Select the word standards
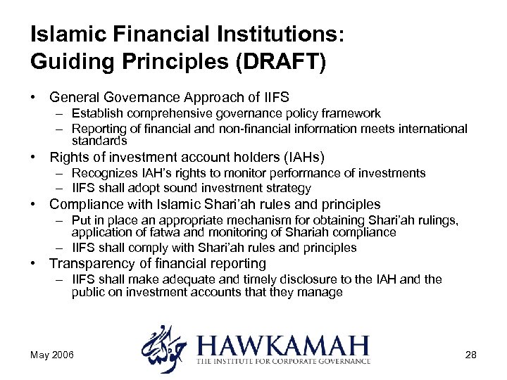pos(99,141)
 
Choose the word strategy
pos(287,188)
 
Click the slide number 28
pos(470,355)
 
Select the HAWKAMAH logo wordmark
pos(283,346)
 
